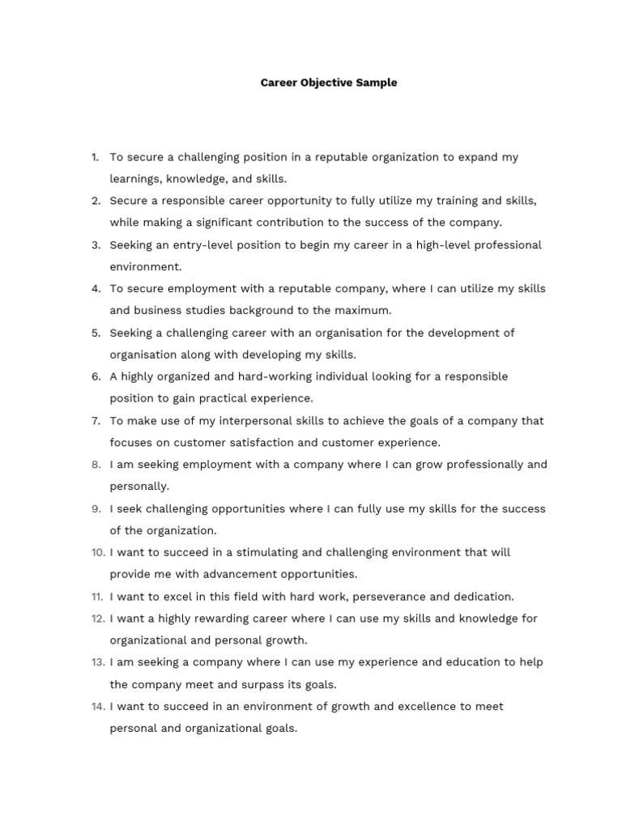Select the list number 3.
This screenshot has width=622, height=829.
pyautogui.click(x=96, y=244)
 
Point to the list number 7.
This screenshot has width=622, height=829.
pyautogui.click(x=96, y=420)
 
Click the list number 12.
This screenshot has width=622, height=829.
pyautogui.click(x=98, y=619)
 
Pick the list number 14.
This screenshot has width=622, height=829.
pyautogui.click(x=98, y=706)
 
